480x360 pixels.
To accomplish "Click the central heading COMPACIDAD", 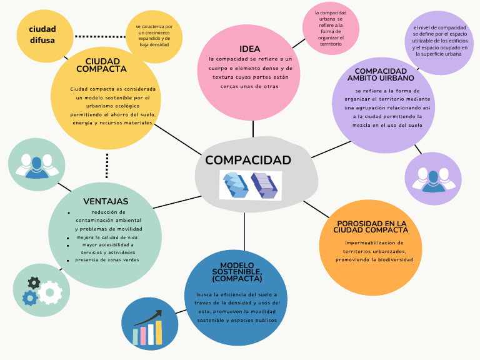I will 248,160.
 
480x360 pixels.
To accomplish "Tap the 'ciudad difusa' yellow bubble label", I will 42,34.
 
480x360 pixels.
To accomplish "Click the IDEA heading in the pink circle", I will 249,49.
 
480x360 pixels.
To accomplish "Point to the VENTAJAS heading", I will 106,201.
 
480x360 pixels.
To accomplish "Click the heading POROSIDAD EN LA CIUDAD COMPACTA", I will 372,226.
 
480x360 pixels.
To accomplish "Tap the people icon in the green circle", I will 37,164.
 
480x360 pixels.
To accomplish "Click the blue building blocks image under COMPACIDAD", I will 250,185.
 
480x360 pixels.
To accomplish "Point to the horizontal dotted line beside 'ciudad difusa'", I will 100,36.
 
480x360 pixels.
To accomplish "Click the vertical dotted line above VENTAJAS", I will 107,166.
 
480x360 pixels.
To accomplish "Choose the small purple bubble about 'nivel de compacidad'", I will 440,41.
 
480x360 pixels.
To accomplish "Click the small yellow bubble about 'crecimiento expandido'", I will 154,35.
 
